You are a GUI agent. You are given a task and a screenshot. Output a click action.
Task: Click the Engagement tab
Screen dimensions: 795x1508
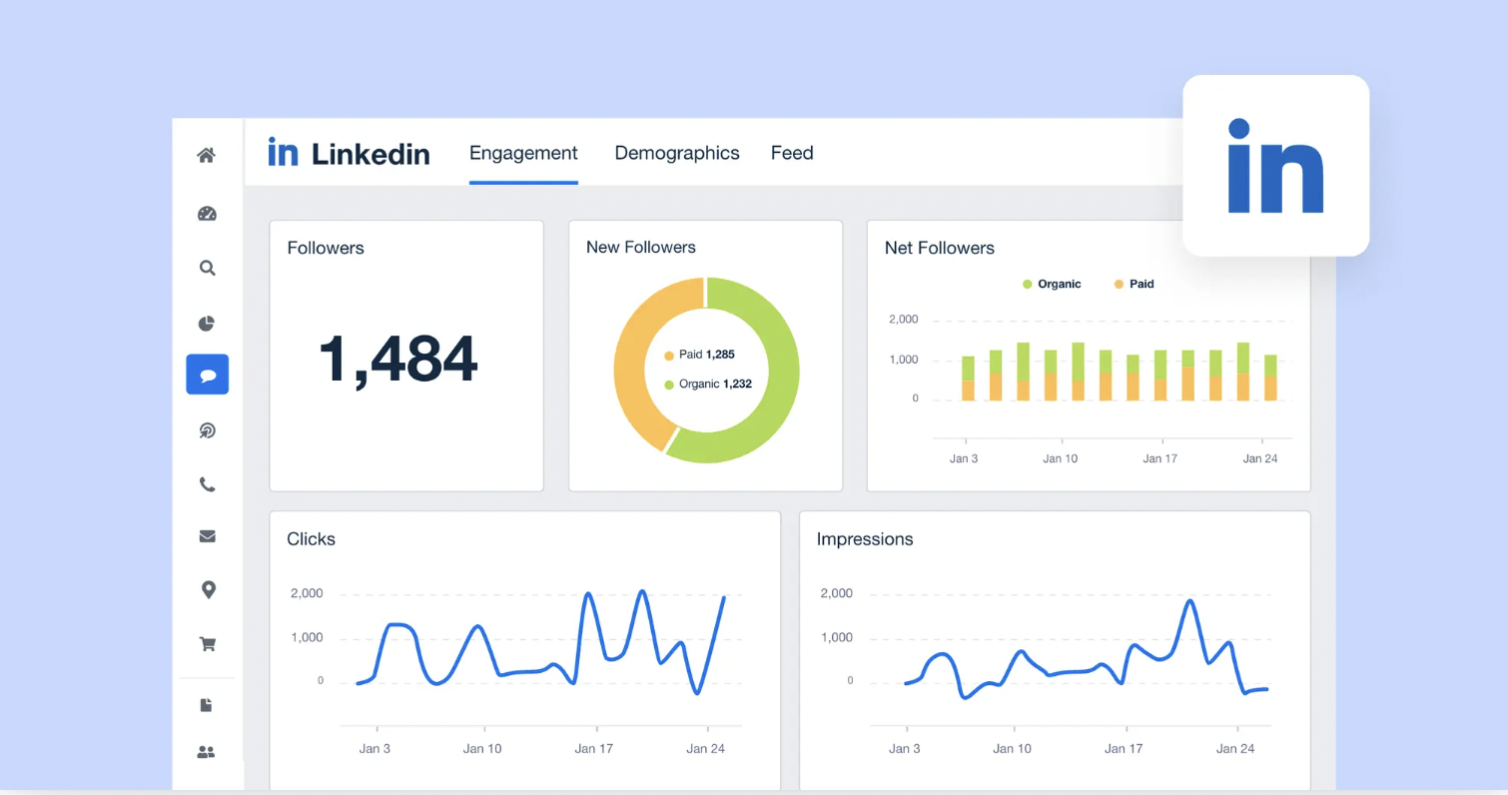(523, 153)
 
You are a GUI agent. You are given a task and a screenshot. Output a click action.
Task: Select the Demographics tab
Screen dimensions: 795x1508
(676, 153)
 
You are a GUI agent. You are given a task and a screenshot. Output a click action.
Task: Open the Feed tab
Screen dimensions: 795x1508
(792, 153)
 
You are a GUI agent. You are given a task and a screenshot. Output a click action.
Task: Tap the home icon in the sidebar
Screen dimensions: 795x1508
(207, 155)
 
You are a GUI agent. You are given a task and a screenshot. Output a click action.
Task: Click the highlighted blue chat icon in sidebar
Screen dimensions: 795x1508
(208, 375)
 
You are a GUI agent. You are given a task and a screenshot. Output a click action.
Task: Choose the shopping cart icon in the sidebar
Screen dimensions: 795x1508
(208, 644)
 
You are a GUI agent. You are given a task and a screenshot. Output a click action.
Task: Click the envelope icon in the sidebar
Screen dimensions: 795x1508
(208, 536)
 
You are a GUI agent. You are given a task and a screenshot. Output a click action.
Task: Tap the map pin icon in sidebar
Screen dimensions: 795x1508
(208, 590)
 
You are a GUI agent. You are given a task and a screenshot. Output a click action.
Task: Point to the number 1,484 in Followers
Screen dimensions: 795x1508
(397, 360)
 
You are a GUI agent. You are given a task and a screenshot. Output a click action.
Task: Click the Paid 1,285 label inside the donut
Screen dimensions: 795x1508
(706, 355)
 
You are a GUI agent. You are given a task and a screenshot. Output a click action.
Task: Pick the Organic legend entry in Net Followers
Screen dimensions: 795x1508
(1052, 284)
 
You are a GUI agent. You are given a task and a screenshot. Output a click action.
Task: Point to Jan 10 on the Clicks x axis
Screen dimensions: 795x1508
(482, 748)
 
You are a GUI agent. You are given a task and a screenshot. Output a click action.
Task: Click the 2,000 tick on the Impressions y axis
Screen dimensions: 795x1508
(836, 593)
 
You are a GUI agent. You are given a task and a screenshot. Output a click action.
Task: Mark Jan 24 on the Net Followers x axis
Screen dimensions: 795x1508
(1259, 458)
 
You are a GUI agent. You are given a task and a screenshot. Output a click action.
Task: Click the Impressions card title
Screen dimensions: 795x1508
(865, 539)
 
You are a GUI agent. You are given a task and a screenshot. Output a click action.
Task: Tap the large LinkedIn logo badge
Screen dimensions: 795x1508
(1275, 166)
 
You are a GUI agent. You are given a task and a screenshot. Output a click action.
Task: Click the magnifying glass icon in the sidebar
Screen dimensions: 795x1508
(207, 268)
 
